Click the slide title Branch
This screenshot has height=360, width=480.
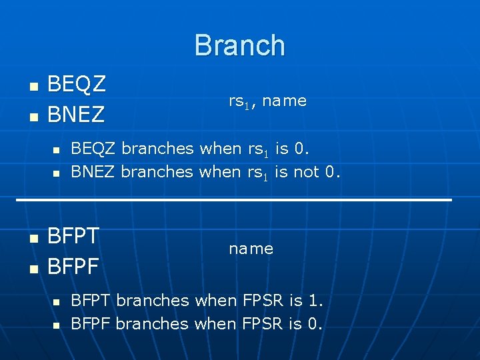coord(239,45)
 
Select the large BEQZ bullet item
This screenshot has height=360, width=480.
coord(77,85)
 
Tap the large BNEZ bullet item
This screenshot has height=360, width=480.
coord(77,115)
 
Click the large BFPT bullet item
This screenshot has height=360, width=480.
coord(73,236)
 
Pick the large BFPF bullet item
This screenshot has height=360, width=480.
coord(73,266)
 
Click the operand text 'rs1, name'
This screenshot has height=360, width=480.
coord(267,101)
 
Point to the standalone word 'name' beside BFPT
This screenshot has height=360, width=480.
coord(251,249)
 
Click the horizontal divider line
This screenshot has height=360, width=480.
coord(233,199)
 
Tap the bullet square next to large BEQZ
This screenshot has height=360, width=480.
coord(32,87)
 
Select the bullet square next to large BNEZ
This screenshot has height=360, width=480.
coord(32,117)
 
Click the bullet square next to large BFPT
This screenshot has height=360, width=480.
coord(32,238)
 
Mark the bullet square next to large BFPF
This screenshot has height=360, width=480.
coord(32,268)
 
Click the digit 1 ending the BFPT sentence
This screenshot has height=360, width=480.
coord(315,300)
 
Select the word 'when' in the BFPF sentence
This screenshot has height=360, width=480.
coord(215,323)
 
